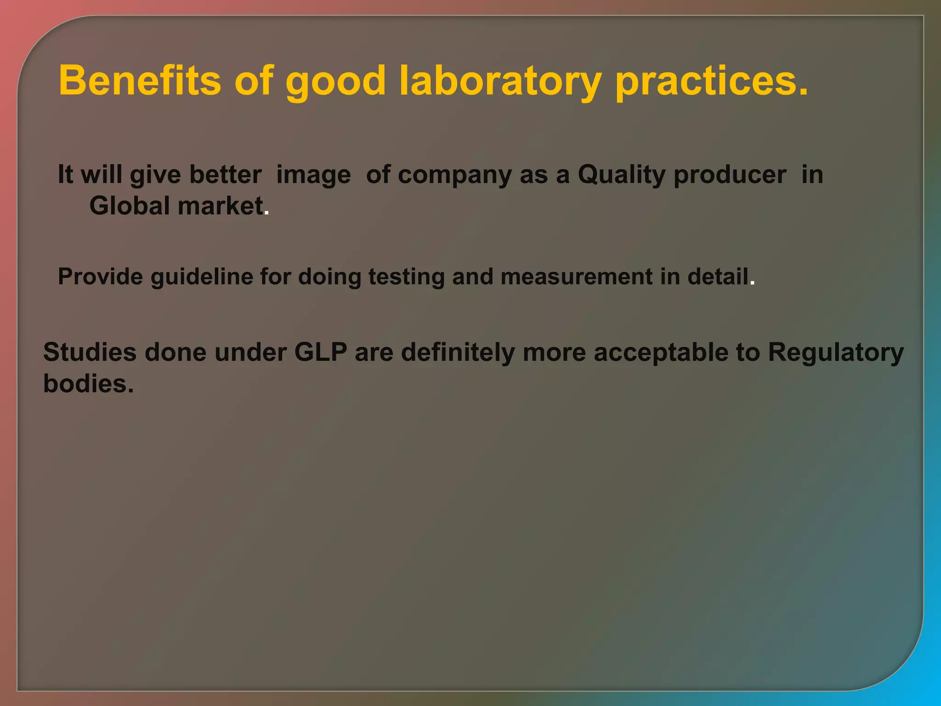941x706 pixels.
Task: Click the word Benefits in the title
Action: tap(140, 81)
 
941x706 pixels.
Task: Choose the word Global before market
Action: tap(130, 205)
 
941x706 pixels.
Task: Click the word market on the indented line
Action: tap(221, 205)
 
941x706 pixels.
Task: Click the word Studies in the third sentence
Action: tap(90, 352)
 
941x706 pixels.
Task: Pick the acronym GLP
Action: tap(321, 352)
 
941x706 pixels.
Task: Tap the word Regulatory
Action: tap(836, 353)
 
